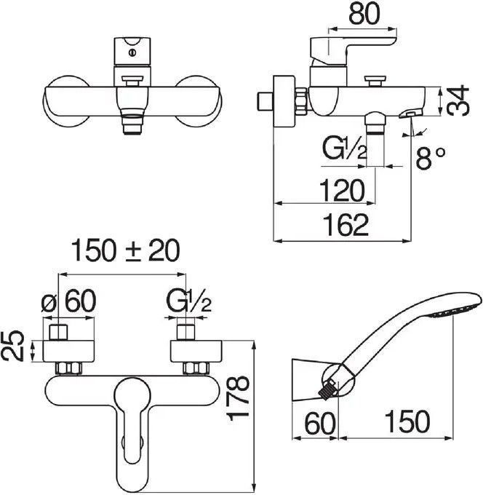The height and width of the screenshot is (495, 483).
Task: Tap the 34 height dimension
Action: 458,100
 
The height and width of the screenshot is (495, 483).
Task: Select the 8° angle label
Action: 431,158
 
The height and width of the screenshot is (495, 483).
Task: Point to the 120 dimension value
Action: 342,191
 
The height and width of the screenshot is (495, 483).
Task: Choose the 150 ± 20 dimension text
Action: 125,250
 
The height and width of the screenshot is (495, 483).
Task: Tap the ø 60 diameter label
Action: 68,301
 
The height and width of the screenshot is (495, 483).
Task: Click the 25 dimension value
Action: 12,346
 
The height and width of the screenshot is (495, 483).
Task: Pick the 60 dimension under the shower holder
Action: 319,423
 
